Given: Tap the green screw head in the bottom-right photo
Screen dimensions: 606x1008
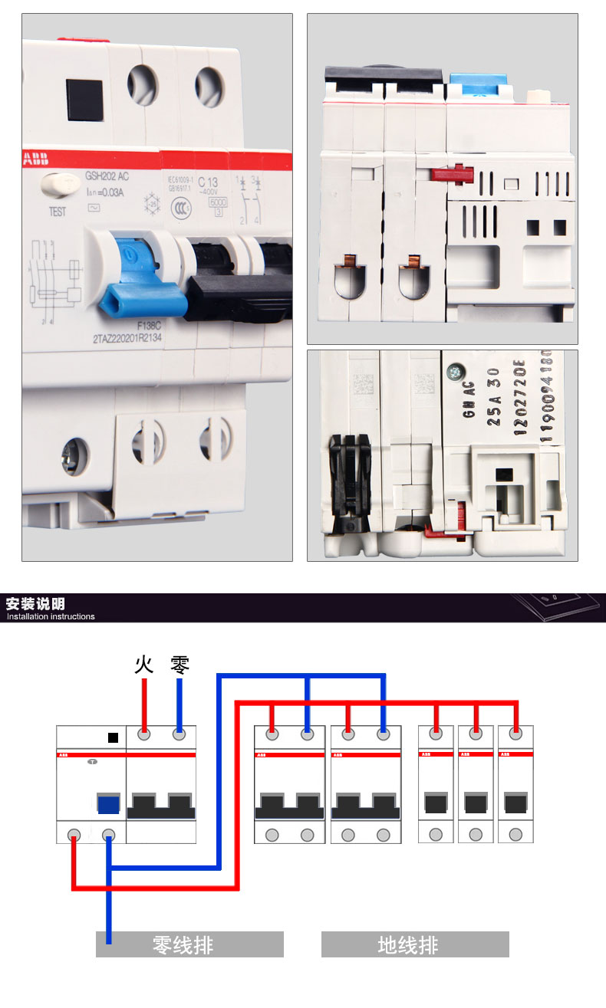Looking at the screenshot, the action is click(x=456, y=371).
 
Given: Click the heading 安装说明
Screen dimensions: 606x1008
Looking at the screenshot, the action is click(x=35, y=603).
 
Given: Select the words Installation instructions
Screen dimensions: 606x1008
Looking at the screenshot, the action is click(x=51, y=616).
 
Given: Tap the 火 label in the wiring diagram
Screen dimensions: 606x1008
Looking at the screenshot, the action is click(x=143, y=663).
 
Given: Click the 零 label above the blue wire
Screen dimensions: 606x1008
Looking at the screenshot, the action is click(x=179, y=663).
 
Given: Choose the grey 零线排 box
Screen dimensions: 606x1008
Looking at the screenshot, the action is click(x=189, y=944).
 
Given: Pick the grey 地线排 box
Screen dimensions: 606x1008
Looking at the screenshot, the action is click(x=415, y=944).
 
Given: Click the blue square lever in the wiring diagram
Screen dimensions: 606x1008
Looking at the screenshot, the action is click(x=108, y=804).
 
